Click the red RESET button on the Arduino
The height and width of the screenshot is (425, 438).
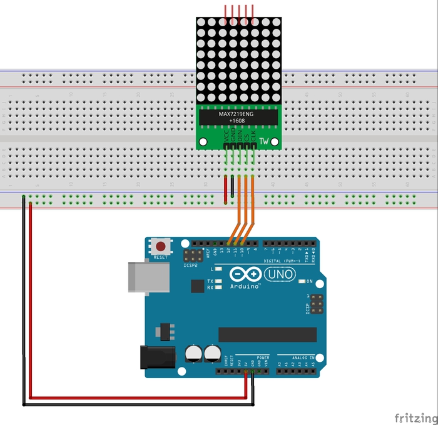[161, 246]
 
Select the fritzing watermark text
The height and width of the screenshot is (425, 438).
[415, 417]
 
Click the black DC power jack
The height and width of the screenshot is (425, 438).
[158, 357]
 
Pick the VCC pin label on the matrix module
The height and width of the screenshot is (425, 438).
[226, 135]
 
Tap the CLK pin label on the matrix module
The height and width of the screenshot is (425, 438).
[253, 135]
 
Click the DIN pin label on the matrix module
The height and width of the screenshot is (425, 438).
[240, 135]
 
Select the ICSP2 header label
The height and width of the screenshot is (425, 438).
[191, 265]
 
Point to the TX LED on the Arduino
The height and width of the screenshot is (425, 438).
[211, 281]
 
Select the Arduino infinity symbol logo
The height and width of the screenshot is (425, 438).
[243, 274]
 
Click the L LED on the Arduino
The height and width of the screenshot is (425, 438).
[211, 268]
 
